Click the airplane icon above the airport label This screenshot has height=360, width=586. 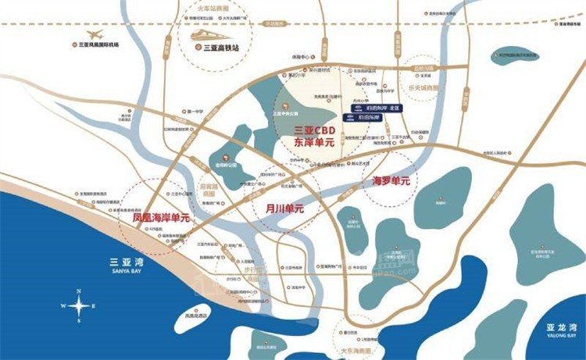(95, 34)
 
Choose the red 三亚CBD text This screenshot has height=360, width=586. (314, 130)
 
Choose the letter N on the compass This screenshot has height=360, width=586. (79, 291)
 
